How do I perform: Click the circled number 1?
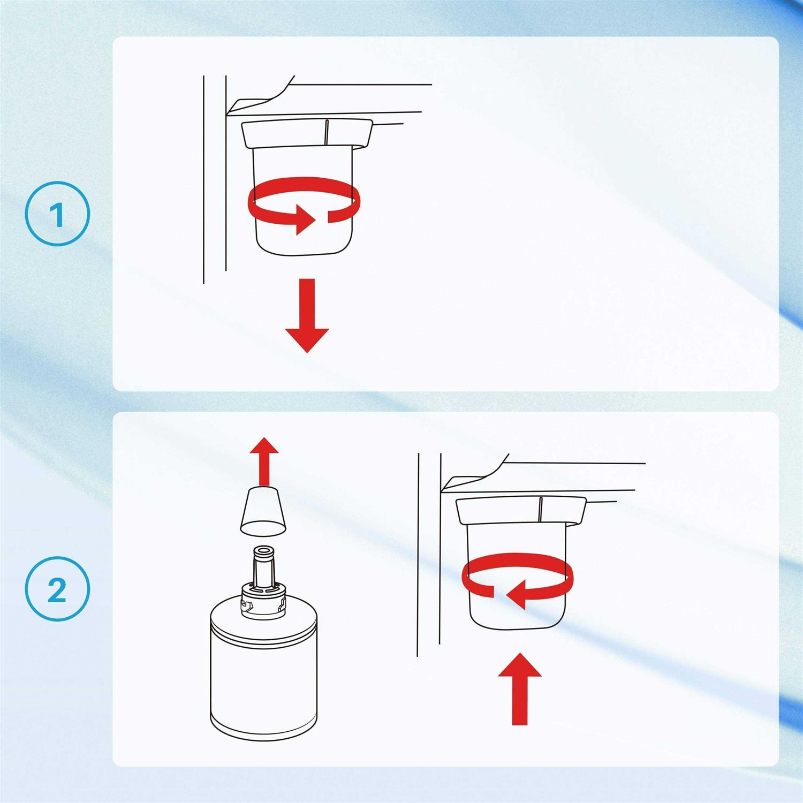click(x=58, y=214)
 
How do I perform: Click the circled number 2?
click(x=58, y=589)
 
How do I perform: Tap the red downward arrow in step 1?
click(x=307, y=315)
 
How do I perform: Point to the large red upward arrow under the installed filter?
click(x=520, y=689)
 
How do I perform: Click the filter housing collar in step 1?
click(x=307, y=134)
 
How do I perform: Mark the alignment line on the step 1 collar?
click(x=327, y=133)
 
